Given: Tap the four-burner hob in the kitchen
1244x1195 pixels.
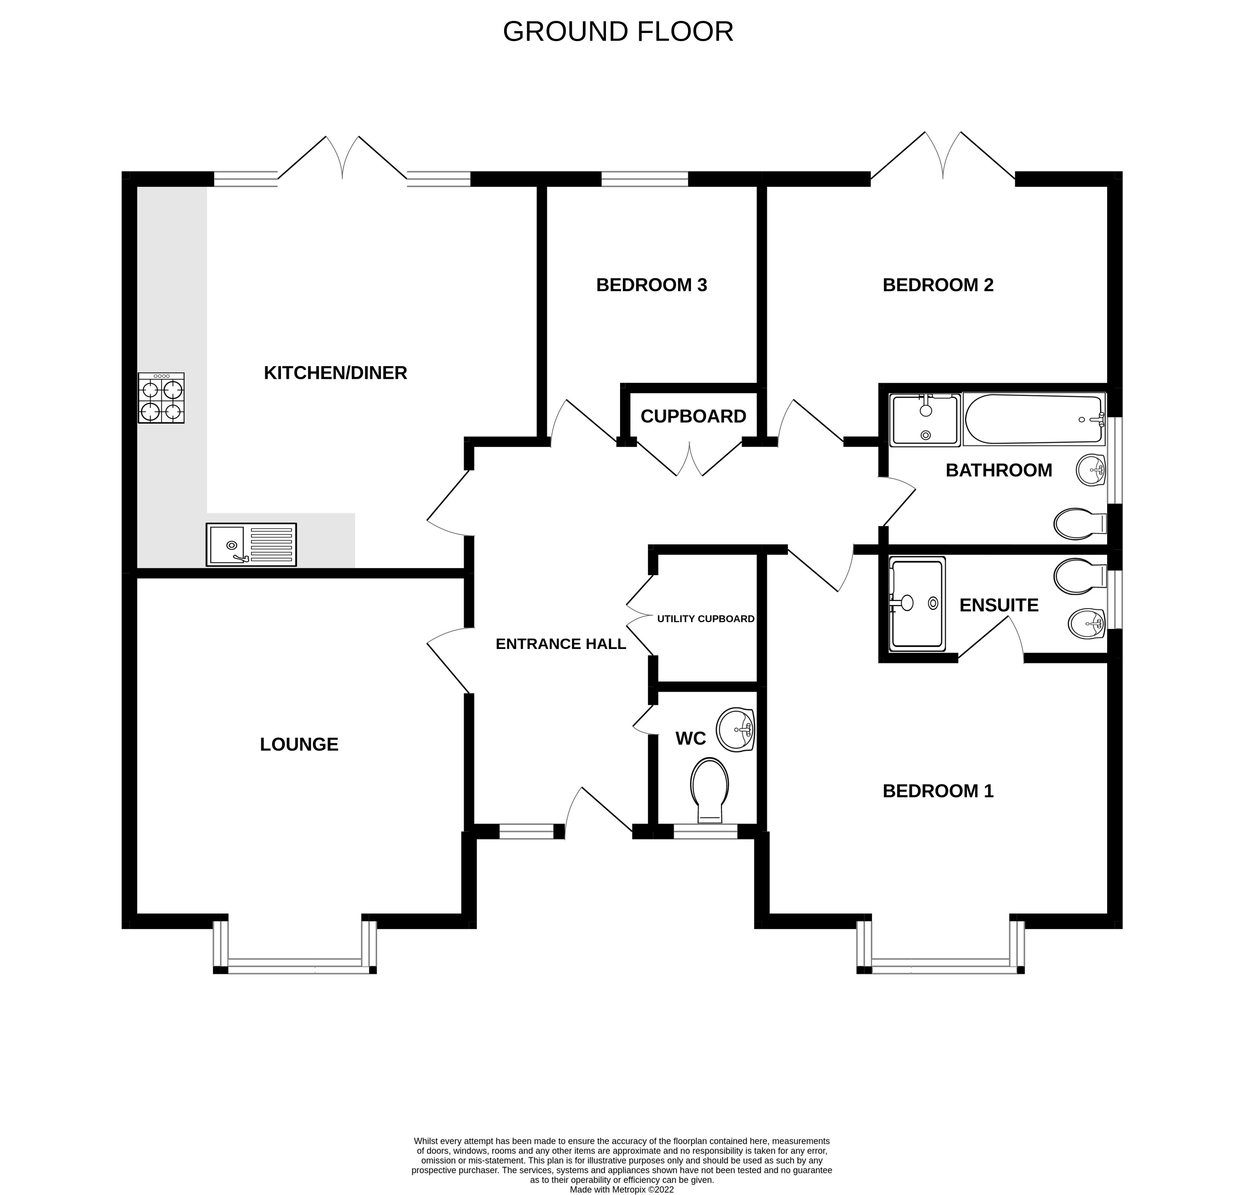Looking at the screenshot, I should tap(161, 398).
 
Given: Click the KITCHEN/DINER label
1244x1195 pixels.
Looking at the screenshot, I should tap(335, 373).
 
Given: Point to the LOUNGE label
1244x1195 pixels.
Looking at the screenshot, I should tap(299, 744).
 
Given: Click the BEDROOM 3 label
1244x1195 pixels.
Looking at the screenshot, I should tap(651, 285).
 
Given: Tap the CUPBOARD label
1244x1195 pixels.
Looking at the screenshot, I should tap(693, 416).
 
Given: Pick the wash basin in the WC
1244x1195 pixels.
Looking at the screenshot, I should tap(735, 729).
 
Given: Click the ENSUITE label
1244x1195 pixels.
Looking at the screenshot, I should tap(999, 605).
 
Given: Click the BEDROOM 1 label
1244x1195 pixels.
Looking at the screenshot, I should tap(938, 791).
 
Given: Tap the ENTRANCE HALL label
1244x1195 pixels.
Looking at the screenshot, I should tap(560, 644).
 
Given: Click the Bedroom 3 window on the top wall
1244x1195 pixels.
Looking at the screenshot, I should tap(644, 179).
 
